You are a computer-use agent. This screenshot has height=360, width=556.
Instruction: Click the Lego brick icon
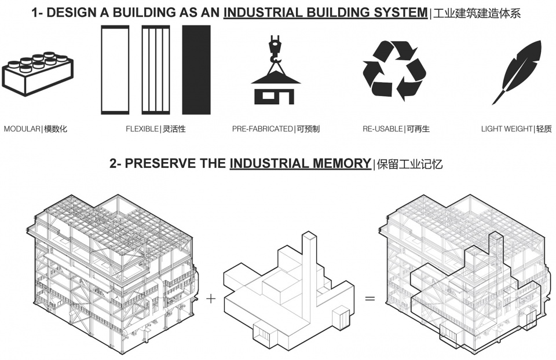pyautogui.click(x=38, y=74)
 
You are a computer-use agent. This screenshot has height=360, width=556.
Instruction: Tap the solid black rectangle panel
pyautogui.click(x=196, y=70)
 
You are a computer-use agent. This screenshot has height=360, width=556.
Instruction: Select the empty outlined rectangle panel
pyautogui.click(x=115, y=70)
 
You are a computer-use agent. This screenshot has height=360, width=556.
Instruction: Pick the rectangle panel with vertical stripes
pyautogui.click(x=156, y=70)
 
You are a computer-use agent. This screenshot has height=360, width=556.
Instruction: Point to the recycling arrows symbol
pyautogui.click(x=394, y=71)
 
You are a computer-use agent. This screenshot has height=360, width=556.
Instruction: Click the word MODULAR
pyautogui.click(x=22, y=129)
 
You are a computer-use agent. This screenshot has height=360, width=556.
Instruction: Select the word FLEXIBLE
pyautogui.click(x=142, y=129)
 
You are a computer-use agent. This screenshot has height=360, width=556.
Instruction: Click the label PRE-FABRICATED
pyautogui.click(x=262, y=129)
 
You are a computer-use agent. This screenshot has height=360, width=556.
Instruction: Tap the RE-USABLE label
pyautogui.click(x=383, y=129)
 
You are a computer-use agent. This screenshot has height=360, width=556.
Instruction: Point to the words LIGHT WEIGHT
pyautogui.click(x=507, y=129)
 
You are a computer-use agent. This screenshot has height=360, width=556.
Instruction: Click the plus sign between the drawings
pyautogui.click(x=211, y=299)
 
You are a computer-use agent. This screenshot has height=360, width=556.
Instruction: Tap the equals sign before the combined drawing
pyautogui.click(x=370, y=299)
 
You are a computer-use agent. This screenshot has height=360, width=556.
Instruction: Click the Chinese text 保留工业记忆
pyautogui.click(x=410, y=164)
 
